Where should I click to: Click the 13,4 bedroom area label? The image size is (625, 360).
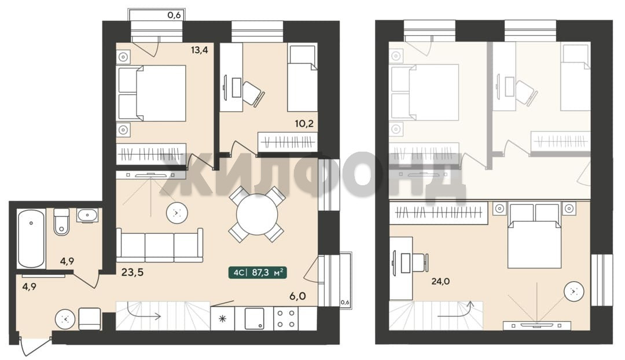(x=199, y=50)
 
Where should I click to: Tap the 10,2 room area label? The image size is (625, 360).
(x=304, y=124)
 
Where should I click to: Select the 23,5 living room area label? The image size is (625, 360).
(x=133, y=273)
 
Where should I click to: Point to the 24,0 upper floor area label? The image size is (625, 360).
(x=440, y=281)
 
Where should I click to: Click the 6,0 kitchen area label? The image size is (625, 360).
(x=297, y=296)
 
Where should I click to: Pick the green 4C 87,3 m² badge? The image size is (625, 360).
(x=258, y=273)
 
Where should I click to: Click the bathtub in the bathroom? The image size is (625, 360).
(x=31, y=238)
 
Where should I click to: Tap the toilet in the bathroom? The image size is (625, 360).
(x=61, y=222)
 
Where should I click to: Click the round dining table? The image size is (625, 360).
(x=257, y=215)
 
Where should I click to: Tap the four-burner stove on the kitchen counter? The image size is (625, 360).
(x=286, y=318)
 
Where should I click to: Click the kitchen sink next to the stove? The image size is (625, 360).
(x=254, y=318)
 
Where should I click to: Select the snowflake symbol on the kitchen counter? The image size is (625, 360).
(x=223, y=318)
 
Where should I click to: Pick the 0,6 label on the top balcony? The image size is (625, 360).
(x=174, y=16)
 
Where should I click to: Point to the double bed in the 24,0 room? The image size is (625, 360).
(x=534, y=236)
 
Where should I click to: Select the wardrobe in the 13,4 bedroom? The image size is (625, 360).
(x=151, y=154)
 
